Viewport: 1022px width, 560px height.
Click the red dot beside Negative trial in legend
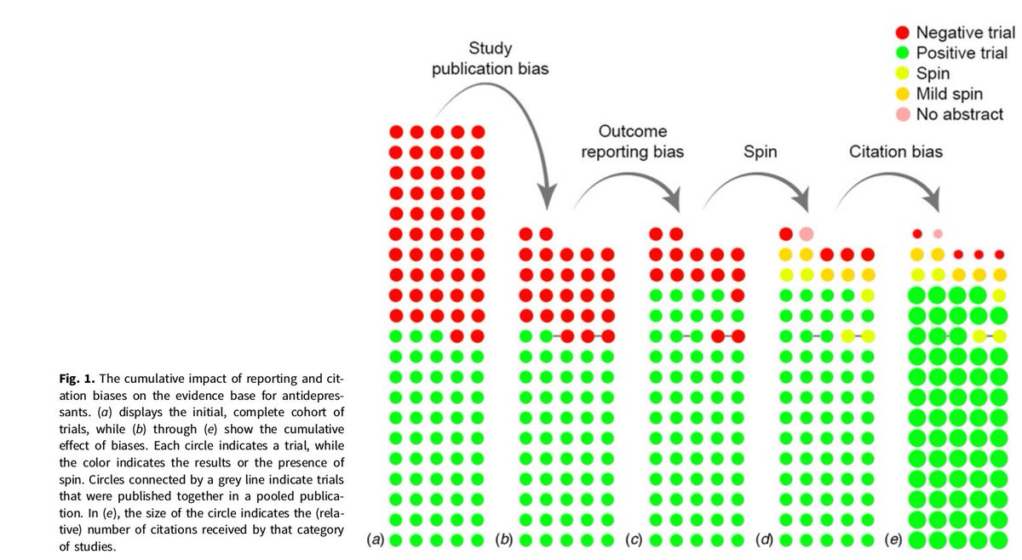coord(902,33)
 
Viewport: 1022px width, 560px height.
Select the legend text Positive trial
coord(962,54)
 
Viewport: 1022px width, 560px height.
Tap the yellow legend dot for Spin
coord(902,74)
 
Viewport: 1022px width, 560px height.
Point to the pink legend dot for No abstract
coord(902,114)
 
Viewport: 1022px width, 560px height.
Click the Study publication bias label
coord(490,59)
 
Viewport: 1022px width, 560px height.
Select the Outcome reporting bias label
coord(632,142)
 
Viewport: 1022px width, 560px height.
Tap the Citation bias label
coord(896,152)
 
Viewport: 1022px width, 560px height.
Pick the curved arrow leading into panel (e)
coord(894,183)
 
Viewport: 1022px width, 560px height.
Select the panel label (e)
coord(894,540)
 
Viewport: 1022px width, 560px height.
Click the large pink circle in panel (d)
coord(806,233)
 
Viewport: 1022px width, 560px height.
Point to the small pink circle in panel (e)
coord(938,233)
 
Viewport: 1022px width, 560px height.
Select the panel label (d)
coord(765,540)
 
